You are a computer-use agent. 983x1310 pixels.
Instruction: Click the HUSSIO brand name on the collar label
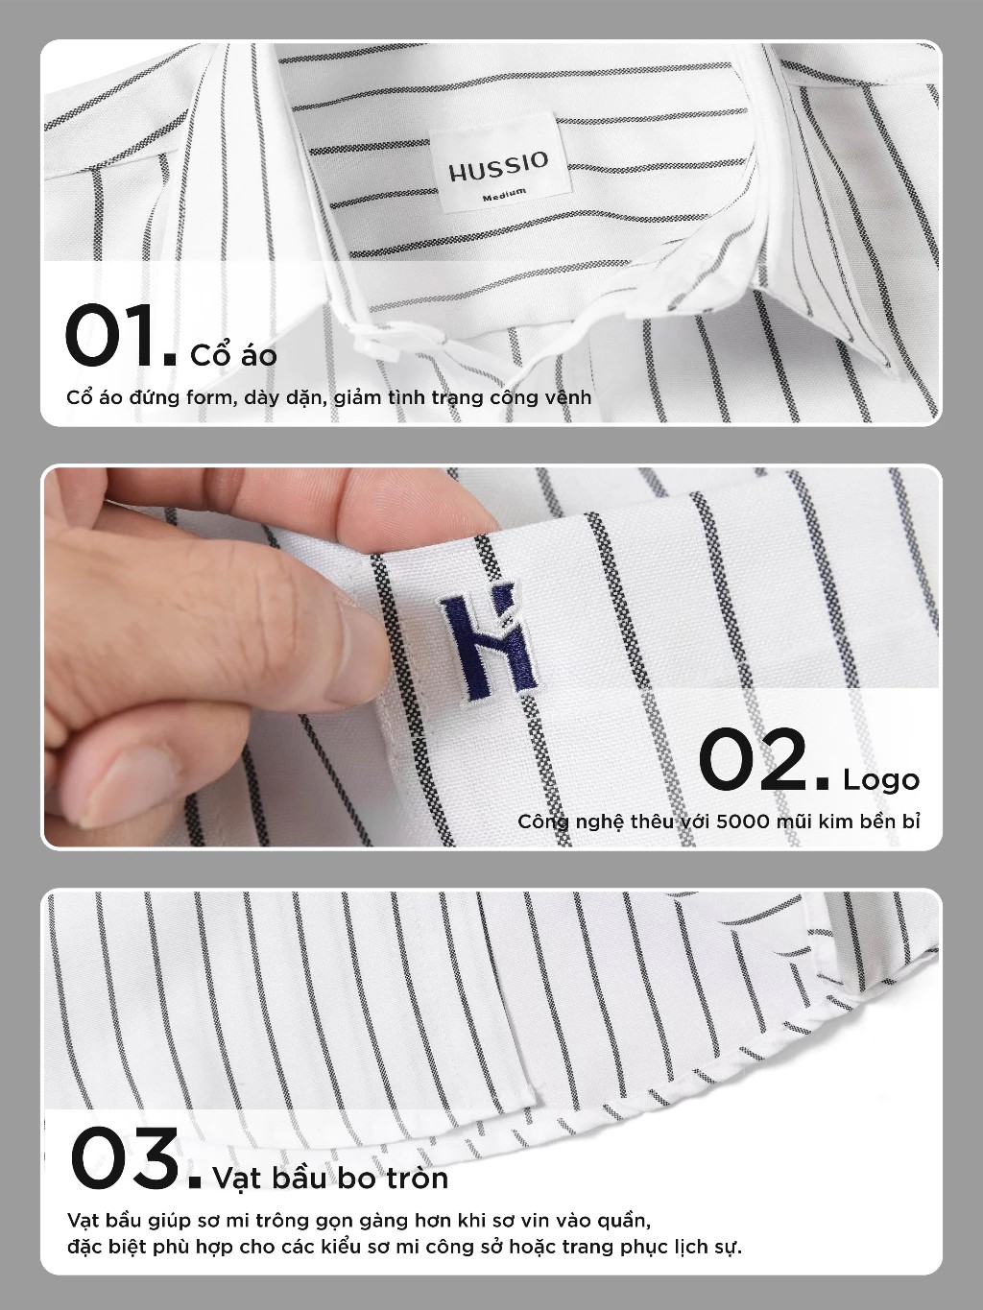498,167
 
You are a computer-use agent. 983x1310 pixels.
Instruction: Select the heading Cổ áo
234,354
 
